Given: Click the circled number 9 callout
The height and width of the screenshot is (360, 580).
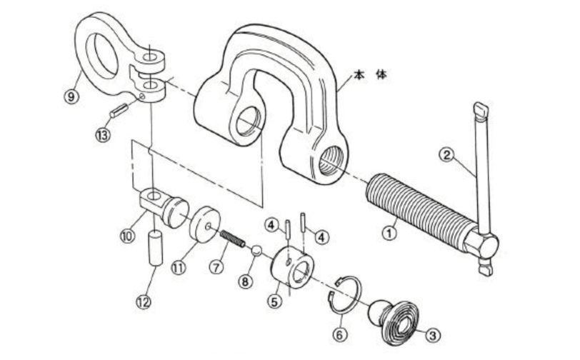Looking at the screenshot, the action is point(71,96).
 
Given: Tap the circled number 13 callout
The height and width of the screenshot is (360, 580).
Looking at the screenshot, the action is point(102,135).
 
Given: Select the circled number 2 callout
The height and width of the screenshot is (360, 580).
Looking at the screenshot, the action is point(447,155).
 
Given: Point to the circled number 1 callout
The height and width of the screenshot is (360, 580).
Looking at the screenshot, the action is point(389,234).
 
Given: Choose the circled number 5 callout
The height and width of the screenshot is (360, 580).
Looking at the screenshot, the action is point(274,301).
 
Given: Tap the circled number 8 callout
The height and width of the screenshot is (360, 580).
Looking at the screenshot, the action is point(245,282).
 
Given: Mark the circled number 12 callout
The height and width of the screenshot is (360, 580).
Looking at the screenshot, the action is point(144,302).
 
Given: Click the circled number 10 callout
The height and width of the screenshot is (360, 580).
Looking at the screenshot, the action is point(127,236).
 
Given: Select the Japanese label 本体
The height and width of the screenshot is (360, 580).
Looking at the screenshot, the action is point(370,75).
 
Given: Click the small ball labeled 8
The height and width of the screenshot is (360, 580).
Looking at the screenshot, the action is point(256,251).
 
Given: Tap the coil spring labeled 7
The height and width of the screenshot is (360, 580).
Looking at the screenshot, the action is point(233,239).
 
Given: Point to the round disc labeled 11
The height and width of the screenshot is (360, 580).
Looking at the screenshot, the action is point(204,225).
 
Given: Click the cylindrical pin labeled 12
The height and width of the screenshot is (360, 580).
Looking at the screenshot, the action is point(156,248).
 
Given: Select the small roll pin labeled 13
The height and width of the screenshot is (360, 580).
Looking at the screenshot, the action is point(119,111).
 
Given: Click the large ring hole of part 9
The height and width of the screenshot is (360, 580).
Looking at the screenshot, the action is point(102,56).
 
